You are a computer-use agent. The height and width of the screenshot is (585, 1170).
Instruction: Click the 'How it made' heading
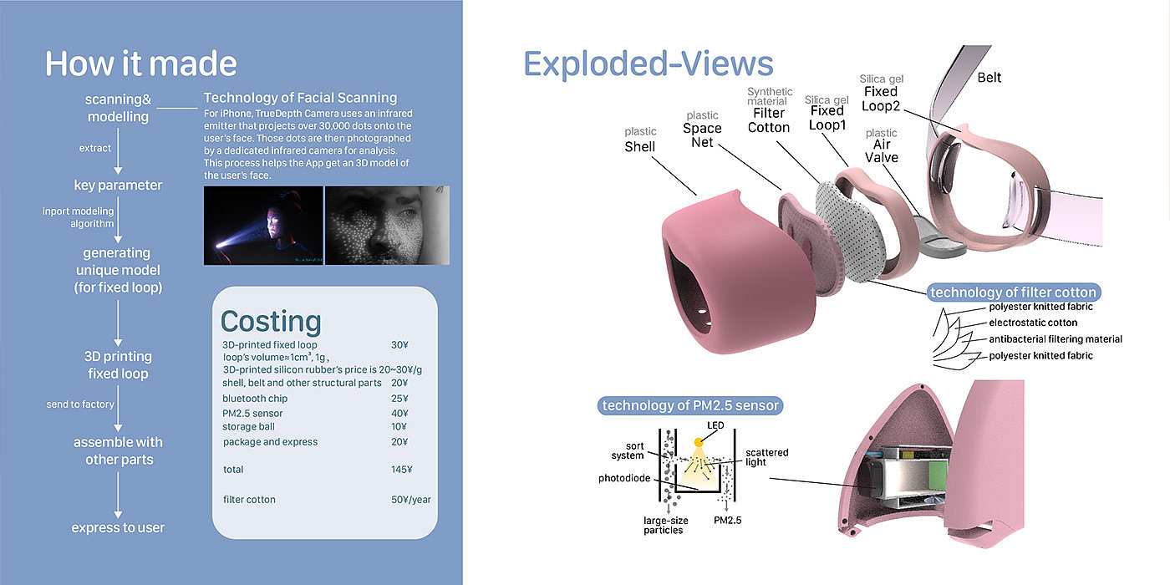140,64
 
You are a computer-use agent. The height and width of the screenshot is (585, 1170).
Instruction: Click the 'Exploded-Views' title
648,64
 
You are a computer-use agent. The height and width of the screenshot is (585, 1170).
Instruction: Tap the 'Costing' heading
270,322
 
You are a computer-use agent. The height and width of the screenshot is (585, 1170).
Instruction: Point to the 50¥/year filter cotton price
410,500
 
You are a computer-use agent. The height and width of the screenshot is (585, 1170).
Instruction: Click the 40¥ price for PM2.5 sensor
399,413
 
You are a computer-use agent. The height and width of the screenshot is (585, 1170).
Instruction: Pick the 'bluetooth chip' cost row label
255,399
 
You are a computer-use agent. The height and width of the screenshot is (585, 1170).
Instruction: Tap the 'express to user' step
118,527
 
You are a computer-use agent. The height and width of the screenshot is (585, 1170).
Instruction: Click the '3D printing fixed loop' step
118,364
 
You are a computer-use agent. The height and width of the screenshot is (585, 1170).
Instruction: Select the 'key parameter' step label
118,185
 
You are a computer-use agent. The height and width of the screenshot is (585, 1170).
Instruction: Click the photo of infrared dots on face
387,225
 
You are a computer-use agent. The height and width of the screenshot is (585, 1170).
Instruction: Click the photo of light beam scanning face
263,225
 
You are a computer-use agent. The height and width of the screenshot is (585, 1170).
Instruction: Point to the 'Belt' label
989,78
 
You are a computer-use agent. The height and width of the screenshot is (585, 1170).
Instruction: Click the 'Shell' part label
641,147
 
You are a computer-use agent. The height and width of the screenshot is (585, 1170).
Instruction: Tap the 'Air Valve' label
882,151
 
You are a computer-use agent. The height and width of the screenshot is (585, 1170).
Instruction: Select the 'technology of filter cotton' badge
1013,292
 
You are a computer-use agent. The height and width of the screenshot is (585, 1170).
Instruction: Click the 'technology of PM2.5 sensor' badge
690,406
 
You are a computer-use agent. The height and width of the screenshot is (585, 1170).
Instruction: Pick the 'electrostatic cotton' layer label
1033,323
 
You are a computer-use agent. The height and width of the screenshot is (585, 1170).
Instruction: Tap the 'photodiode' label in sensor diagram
624,479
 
